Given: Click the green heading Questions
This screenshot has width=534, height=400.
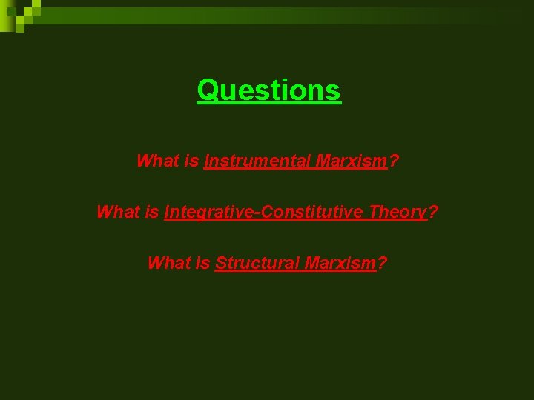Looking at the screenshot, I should [x=268, y=90].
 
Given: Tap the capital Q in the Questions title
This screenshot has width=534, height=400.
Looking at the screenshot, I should [x=208, y=90].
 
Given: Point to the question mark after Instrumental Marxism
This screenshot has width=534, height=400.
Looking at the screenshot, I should [x=394, y=161].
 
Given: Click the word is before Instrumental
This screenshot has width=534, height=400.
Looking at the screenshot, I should [x=191, y=161].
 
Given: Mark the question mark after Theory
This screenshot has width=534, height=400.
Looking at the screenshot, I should [x=434, y=212].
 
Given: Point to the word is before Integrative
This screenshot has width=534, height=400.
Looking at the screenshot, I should [x=151, y=212].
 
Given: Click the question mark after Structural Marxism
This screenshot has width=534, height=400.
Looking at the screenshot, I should [x=382, y=263].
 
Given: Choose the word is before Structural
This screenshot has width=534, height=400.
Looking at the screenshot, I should [x=202, y=263].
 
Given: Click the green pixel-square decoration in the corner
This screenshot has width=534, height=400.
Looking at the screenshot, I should [x=19, y=15].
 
